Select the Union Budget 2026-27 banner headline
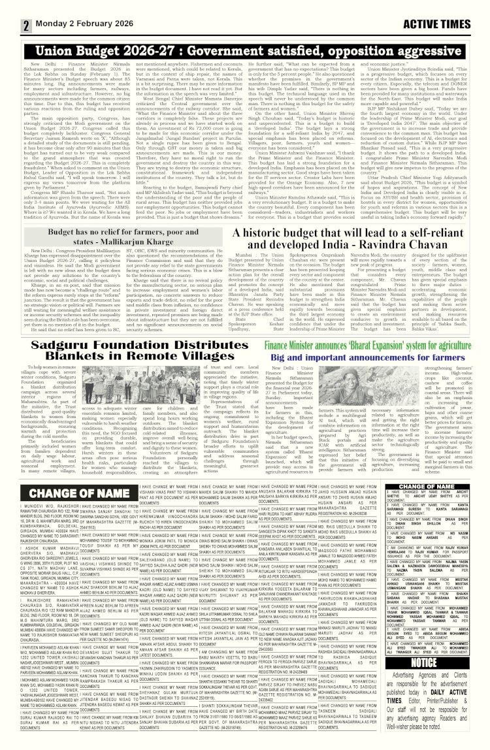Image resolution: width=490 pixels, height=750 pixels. tap(246, 50)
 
